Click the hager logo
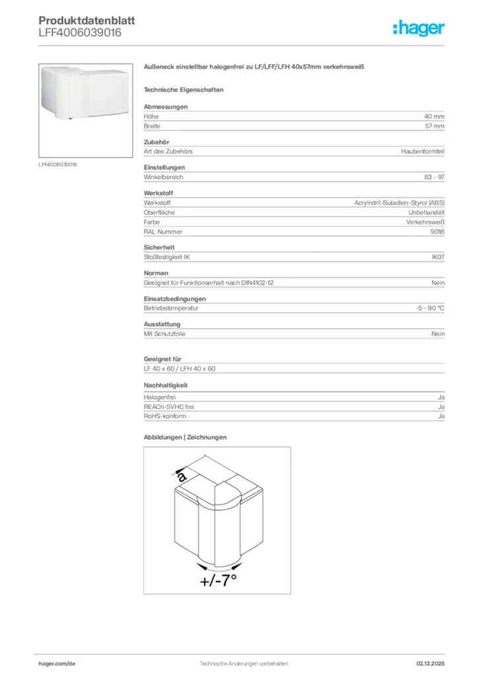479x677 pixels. tap(418, 28)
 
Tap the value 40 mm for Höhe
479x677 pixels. tap(434, 116)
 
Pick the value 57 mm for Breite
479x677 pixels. tap(434, 126)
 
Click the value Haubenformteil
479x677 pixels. tap(422, 151)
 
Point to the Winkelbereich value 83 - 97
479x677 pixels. tap(434, 177)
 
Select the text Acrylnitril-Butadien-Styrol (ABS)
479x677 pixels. tap(399, 203)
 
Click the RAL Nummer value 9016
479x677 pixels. tap(437, 231)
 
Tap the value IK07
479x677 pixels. tap(437, 257)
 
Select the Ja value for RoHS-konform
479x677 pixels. tap(441, 417)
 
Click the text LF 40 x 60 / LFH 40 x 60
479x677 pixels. tap(179, 368)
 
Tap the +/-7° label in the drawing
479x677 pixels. tap(218, 581)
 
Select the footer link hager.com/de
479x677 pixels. tap(56, 663)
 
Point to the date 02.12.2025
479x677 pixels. tap(430, 663)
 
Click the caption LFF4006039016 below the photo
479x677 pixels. tap(58, 164)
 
